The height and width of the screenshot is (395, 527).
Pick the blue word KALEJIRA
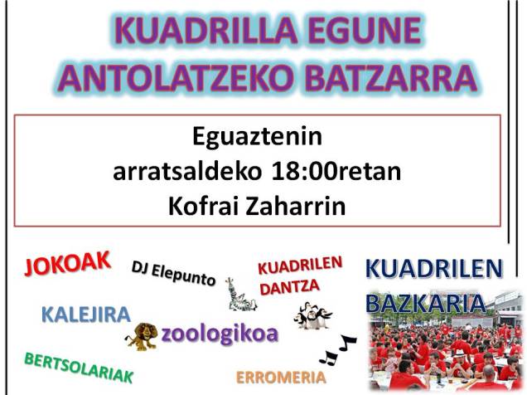point(86,315)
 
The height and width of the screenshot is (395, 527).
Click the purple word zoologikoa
point(220,334)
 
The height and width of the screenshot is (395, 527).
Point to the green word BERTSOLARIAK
point(79,368)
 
